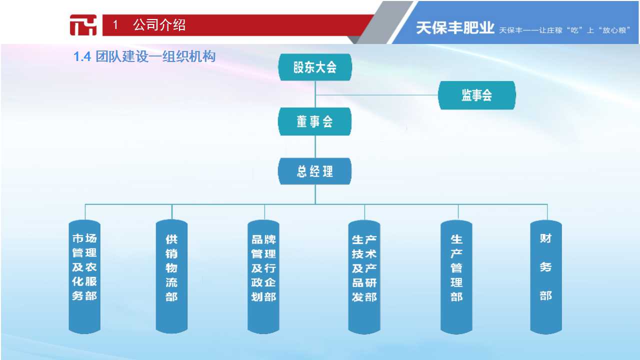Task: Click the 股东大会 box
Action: click(315, 67)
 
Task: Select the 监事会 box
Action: click(477, 95)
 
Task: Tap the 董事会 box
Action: click(315, 121)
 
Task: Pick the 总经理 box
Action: click(315, 171)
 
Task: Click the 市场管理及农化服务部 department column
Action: click(84, 276)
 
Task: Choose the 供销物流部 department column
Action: click(171, 276)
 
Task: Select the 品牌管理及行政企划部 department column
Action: click(263, 276)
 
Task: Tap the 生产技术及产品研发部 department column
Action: click(364, 277)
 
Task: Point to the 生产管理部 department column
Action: click(456, 277)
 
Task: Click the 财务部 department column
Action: click(546, 277)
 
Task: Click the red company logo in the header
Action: click(83, 25)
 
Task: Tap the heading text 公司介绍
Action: click(159, 25)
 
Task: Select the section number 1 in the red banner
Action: click(115, 25)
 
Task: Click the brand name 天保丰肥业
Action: click(455, 28)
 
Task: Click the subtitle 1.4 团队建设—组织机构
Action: click(144, 56)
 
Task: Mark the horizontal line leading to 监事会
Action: click(376, 95)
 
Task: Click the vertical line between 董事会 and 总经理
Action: click(315, 146)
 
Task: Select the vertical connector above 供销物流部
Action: click(171, 211)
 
